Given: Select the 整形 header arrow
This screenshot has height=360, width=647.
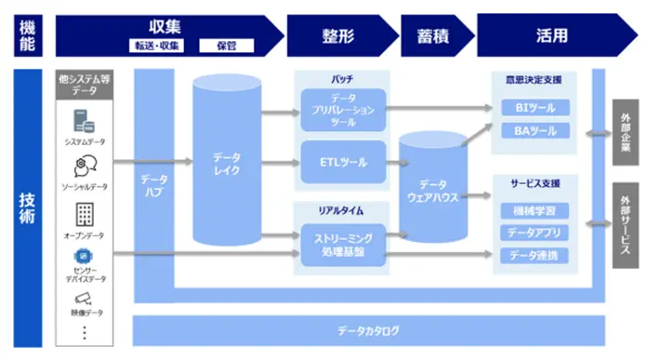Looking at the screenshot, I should tap(339, 35).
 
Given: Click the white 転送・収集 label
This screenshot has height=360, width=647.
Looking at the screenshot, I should tap(155, 45).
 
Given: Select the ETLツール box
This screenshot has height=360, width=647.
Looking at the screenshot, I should tap(343, 162).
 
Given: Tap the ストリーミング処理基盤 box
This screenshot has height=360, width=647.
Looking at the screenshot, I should tap(343, 245).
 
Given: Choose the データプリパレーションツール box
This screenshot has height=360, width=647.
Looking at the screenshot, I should tap(343, 109).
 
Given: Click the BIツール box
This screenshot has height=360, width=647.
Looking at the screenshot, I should tap(535, 109).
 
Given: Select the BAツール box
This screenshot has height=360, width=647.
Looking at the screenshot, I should tap(535, 131).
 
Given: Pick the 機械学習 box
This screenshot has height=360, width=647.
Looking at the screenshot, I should tap(535, 210).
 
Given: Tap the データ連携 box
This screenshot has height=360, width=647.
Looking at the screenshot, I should tap(535, 255).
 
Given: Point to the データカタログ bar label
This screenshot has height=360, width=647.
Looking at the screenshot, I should tap(369, 330).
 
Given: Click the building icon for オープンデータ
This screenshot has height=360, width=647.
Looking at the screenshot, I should tap(85, 214).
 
